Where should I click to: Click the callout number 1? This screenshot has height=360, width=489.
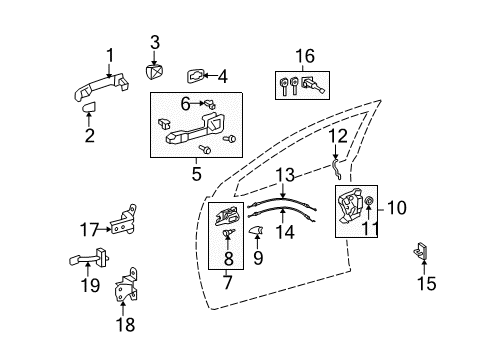click(x=110, y=54)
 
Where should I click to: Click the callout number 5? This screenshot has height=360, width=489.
click(x=196, y=174)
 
